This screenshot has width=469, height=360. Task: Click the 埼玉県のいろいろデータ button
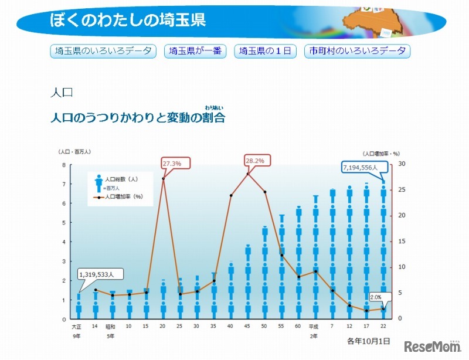click(103, 51)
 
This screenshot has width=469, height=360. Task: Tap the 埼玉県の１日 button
click(265, 51)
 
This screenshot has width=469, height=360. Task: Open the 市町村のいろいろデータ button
click(357, 51)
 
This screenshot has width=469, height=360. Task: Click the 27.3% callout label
click(171, 163)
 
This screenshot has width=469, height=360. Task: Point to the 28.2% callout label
click(255, 160)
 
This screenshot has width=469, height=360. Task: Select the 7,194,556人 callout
click(363, 168)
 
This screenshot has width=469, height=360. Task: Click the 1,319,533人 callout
click(100, 274)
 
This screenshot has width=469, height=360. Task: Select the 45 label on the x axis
click(247, 326)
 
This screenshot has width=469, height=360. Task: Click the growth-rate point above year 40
click(230, 195)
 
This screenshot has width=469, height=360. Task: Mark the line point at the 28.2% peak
click(248, 174)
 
